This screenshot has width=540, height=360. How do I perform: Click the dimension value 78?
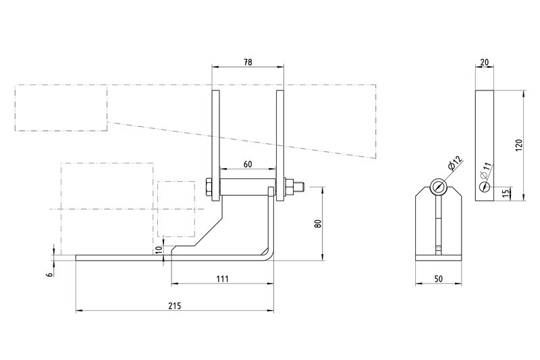click(x=248, y=62)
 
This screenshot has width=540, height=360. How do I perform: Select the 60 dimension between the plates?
click(x=248, y=164)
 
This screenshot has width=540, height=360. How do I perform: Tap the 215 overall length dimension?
click(x=175, y=305)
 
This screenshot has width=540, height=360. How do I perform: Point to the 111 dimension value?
click(x=223, y=279)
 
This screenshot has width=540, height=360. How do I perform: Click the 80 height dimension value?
click(x=317, y=224)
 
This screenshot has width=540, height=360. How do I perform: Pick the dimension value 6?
click(x=50, y=274)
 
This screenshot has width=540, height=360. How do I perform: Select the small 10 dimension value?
click(x=159, y=250)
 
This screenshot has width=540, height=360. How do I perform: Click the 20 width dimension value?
click(x=484, y=62)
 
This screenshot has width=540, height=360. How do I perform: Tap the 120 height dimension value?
click(x=519, y=145)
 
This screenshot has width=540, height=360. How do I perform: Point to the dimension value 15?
click(x=505, y=193)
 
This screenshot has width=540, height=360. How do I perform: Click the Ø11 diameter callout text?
click(x=485, y=170)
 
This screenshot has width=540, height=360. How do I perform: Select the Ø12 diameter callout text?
click(x=455, y=163)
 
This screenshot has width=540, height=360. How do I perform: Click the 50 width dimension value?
click(x=438, y=279)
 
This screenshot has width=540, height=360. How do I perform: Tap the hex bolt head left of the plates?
click(x=209, y=187)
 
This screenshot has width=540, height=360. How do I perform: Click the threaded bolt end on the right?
click(x=300, y=187)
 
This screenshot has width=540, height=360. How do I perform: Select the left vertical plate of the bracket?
click(x=215, y=145)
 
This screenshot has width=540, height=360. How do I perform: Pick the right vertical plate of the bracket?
click(x=280, y=145)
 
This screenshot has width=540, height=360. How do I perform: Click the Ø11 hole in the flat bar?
click(x=484, y=187)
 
